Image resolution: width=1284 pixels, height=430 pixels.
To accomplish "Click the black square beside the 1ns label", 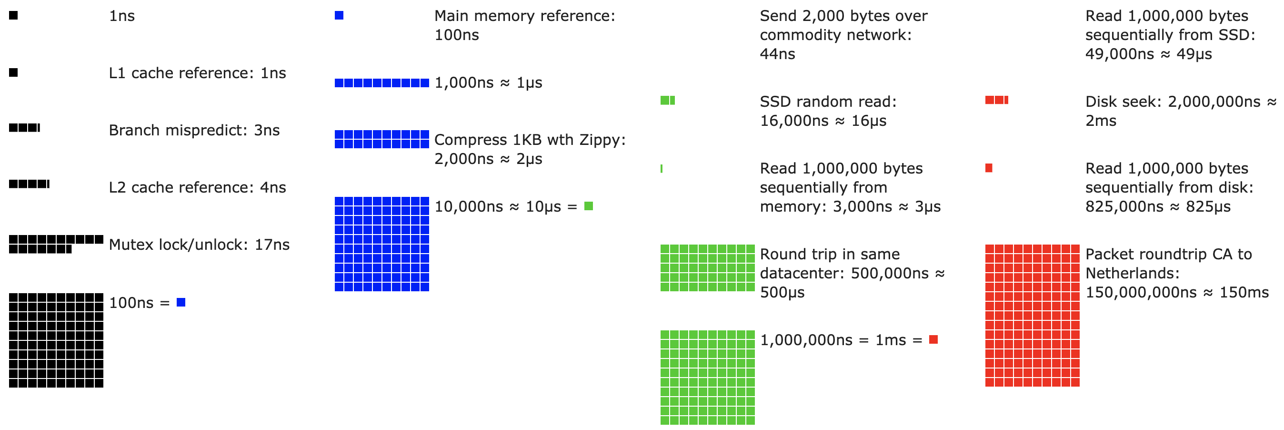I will tap(13, 15).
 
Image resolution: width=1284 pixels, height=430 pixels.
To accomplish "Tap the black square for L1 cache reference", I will tap(13, 73).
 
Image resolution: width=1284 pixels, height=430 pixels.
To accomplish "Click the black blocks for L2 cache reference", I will tap(29, 184).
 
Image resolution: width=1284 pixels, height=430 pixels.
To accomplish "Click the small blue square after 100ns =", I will tap(181, 302).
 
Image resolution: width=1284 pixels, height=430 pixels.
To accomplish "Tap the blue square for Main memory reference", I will tap(339, 15).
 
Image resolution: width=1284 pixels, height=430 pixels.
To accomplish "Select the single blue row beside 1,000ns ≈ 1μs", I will tap(381, 83).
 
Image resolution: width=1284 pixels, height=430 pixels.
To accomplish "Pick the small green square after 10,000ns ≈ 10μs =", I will tap(588, 206).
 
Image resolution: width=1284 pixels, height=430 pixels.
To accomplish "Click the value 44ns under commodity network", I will tap(777, 54).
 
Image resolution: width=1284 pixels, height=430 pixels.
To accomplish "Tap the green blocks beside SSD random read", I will tap(667, 101).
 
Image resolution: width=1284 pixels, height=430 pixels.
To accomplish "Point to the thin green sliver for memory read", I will tap(662, 169).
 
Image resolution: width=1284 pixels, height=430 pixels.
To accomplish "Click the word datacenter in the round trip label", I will tap(802, 273).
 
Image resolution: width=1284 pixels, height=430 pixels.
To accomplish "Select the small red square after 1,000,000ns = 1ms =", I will tap(933, 340).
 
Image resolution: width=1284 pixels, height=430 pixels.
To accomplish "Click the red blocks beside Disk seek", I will tap(996, 100).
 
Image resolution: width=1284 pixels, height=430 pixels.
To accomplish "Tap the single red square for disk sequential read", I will tap(989, 168).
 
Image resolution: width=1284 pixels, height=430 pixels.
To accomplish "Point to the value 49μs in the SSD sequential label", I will tap(1194, 54).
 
